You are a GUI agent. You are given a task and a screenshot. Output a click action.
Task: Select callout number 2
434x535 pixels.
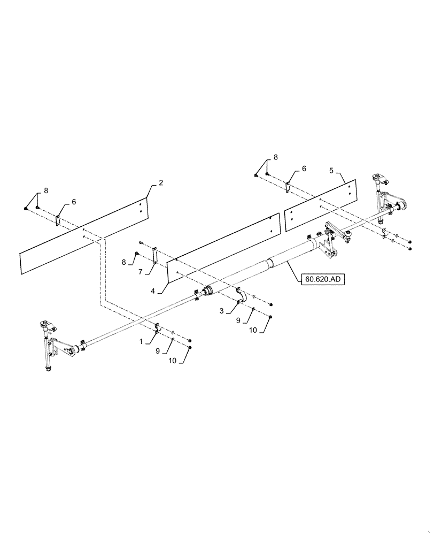pos(161,183)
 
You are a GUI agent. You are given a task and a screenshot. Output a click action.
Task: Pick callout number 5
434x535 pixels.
pos(331,171)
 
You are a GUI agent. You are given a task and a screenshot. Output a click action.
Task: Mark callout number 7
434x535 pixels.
pos(142,272)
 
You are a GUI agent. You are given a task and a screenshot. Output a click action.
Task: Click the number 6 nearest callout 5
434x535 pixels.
pos(304,169)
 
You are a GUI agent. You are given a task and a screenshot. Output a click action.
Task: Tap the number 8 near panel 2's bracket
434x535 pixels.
pos(45,189)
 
